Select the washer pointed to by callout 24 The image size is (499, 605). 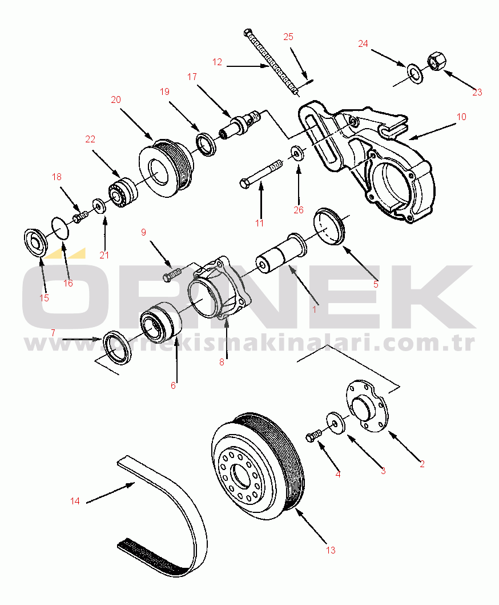tap(415, 73)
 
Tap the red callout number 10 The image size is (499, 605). tap(461, 117)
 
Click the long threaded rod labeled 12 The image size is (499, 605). tap(271, 62)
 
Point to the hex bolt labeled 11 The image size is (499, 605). tap(260, 174)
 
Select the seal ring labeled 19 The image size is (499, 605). tap(206, 144)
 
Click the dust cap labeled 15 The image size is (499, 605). tap(35, 242)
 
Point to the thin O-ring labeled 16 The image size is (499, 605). tap(61, 228)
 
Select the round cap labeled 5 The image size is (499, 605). tap(330, 226)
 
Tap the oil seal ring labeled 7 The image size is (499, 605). tap(117, 347)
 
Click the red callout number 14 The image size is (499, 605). tap(75, 501)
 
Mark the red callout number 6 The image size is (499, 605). tap(173, 385)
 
